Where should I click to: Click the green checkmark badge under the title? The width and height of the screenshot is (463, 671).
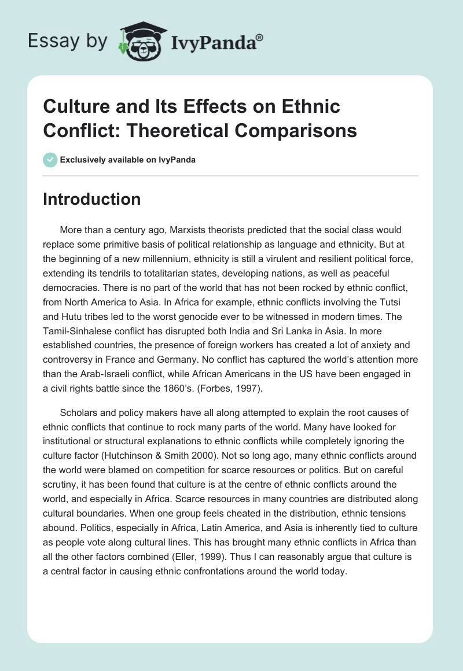50,160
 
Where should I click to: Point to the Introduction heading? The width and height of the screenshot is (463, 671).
92,199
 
